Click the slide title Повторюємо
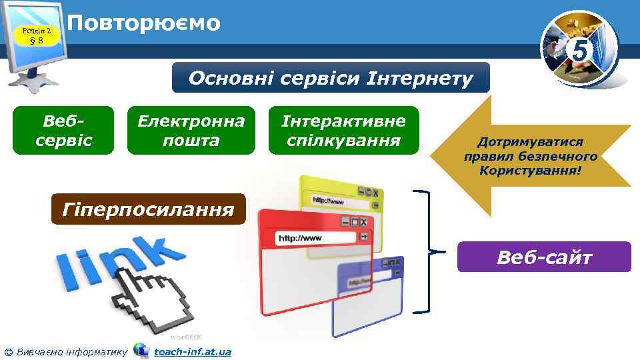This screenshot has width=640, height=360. point(143,23)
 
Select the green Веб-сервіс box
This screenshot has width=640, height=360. point(63,131)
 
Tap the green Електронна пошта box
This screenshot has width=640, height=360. point(191,131)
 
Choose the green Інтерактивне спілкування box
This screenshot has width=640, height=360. point(343,131)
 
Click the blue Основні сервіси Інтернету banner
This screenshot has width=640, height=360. point(331,78)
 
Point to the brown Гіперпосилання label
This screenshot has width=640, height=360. point(148,209)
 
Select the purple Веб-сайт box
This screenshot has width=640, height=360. point(543,257)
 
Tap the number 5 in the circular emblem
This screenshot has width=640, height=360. point(580,49)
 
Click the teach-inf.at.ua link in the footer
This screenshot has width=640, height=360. point(192,351)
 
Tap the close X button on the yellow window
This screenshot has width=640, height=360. point(376,193)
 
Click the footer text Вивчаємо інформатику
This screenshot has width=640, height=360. point(70,351)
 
